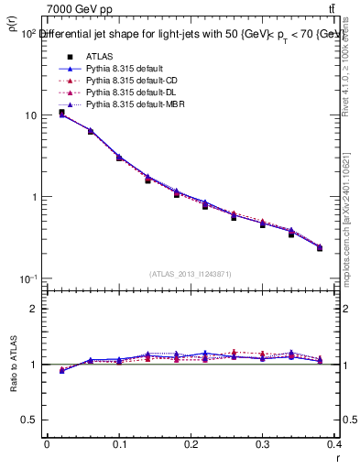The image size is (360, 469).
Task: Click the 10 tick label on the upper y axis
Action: pyautogui.click(x=29, y=115)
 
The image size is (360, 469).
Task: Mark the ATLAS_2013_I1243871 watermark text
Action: pyautogui.click(x=191, y=274)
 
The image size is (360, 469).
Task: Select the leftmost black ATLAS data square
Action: pyautogui.click(x=61, y=113)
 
